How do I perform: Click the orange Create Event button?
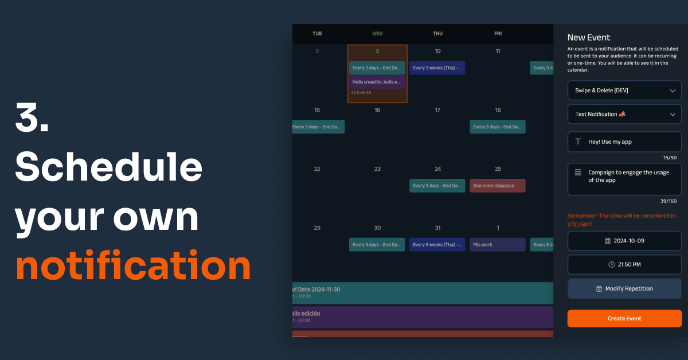(624, 318)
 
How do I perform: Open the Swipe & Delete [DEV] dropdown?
(624, 91)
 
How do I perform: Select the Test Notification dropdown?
(624, 114)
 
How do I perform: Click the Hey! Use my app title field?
(624, 142)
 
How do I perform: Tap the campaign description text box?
(624, 179)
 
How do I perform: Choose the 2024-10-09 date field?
(624, 241)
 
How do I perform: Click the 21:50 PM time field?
(624, 264)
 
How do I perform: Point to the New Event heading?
(589, 38)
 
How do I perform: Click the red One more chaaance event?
(497, 186)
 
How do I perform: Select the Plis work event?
(497, 245)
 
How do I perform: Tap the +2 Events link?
(361, 92)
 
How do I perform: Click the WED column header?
(377, 33)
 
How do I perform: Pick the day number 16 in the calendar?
(377, 110)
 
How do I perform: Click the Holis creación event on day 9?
(377, 81)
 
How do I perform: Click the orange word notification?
(133, 265)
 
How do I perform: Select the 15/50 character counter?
(670, 158)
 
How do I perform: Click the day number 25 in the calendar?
(498, 169)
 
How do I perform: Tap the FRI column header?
(498, 33)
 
